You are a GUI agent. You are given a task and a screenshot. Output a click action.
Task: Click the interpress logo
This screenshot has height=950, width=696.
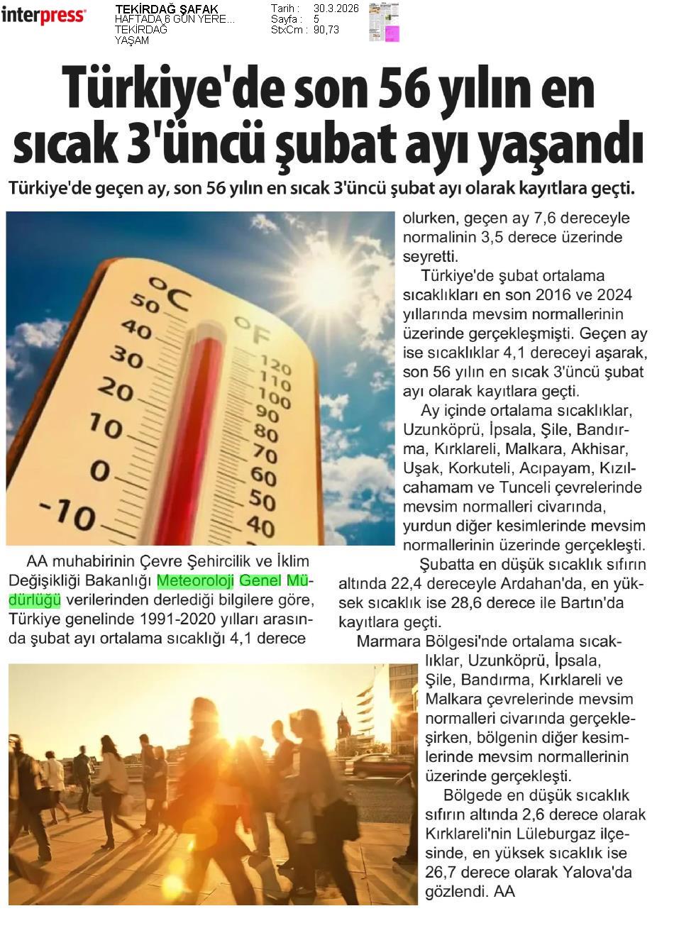coord(43,15)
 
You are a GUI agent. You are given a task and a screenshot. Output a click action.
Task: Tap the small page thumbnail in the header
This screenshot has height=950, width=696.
coord(384,22)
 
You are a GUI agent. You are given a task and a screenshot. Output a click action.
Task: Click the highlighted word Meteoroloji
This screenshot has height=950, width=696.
coord(195,581)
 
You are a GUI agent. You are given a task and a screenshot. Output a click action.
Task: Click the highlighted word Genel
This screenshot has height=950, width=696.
coord(260,581)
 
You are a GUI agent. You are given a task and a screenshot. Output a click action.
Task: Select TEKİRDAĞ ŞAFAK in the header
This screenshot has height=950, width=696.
coord(166,9)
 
